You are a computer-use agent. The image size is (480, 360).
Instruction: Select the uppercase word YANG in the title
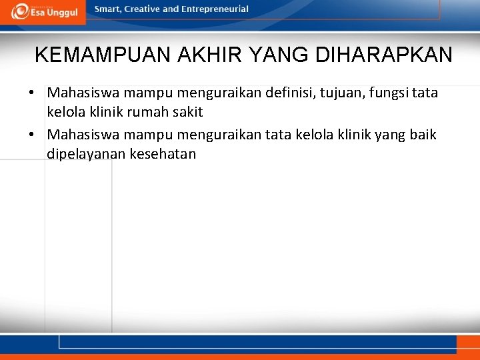277,55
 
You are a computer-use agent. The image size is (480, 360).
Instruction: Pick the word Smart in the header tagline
108,9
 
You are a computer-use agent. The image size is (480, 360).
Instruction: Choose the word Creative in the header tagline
143,9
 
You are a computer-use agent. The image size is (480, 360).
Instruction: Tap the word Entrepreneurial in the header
215,9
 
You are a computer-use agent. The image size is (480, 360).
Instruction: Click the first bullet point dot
32,93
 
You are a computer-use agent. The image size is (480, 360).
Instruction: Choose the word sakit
189,111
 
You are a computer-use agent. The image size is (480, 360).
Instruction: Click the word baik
423,135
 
